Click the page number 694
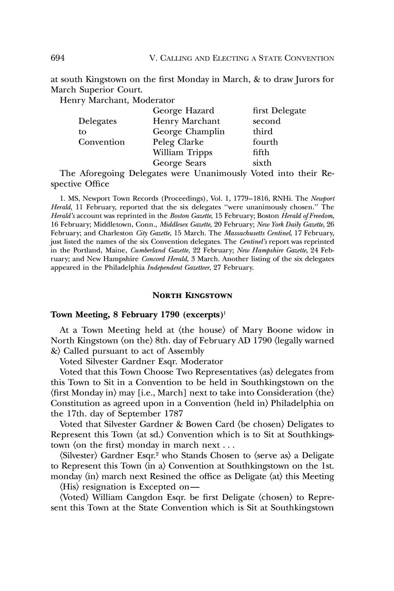click(x=57, y=58)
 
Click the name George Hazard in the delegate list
click(x=183, y=111)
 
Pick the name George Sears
click(x=179, y=163)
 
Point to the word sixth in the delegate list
click(x=262, y=163)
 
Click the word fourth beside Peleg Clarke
click(x=265, y=142)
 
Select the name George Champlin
click(x=188, y=131)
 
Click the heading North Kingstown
click(x=192, y=295)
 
